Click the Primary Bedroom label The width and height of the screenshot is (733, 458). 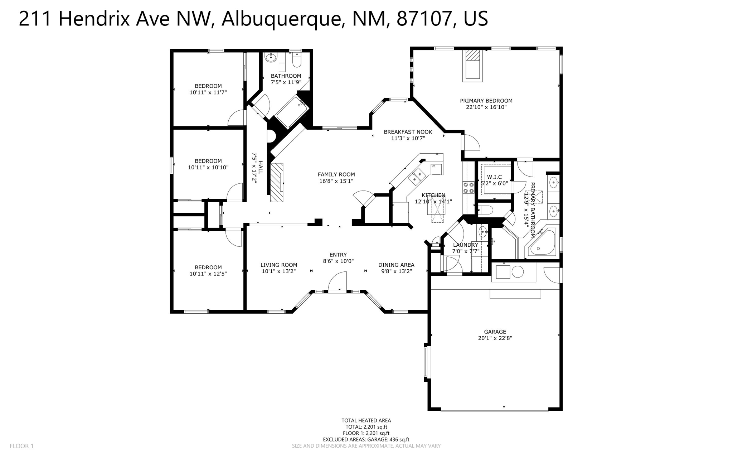click(x=486, y=101)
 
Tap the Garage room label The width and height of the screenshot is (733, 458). click(x=495, y=332)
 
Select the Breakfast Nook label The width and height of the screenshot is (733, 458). click(x=408, y=132)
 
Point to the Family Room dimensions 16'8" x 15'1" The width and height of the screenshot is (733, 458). click(x=336, y=181)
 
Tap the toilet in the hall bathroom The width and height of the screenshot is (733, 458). click(x=297, y=60)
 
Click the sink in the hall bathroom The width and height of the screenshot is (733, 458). click(x=271, y=57)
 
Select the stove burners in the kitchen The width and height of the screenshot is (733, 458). click(x=469, y=187)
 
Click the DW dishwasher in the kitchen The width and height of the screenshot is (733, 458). click(x=436, y=169)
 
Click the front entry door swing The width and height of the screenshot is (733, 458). click(x=338, y=281)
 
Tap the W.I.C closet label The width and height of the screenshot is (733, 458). click(x=494, y=177)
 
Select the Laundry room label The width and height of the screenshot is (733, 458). click(x=465, y=245)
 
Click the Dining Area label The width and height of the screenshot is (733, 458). click(x=396, y=265)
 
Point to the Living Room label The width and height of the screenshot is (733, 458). click(x=279, y=265)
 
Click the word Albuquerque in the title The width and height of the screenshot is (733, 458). click(x=281, y=19)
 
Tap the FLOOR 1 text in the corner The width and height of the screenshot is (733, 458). click(x=21, y=446)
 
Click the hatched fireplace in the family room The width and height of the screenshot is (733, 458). click(x=276, y=183)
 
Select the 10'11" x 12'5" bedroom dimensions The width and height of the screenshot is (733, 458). click(x=208, y=274)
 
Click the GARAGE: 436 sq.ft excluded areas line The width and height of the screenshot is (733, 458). click(x=366, y=439)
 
